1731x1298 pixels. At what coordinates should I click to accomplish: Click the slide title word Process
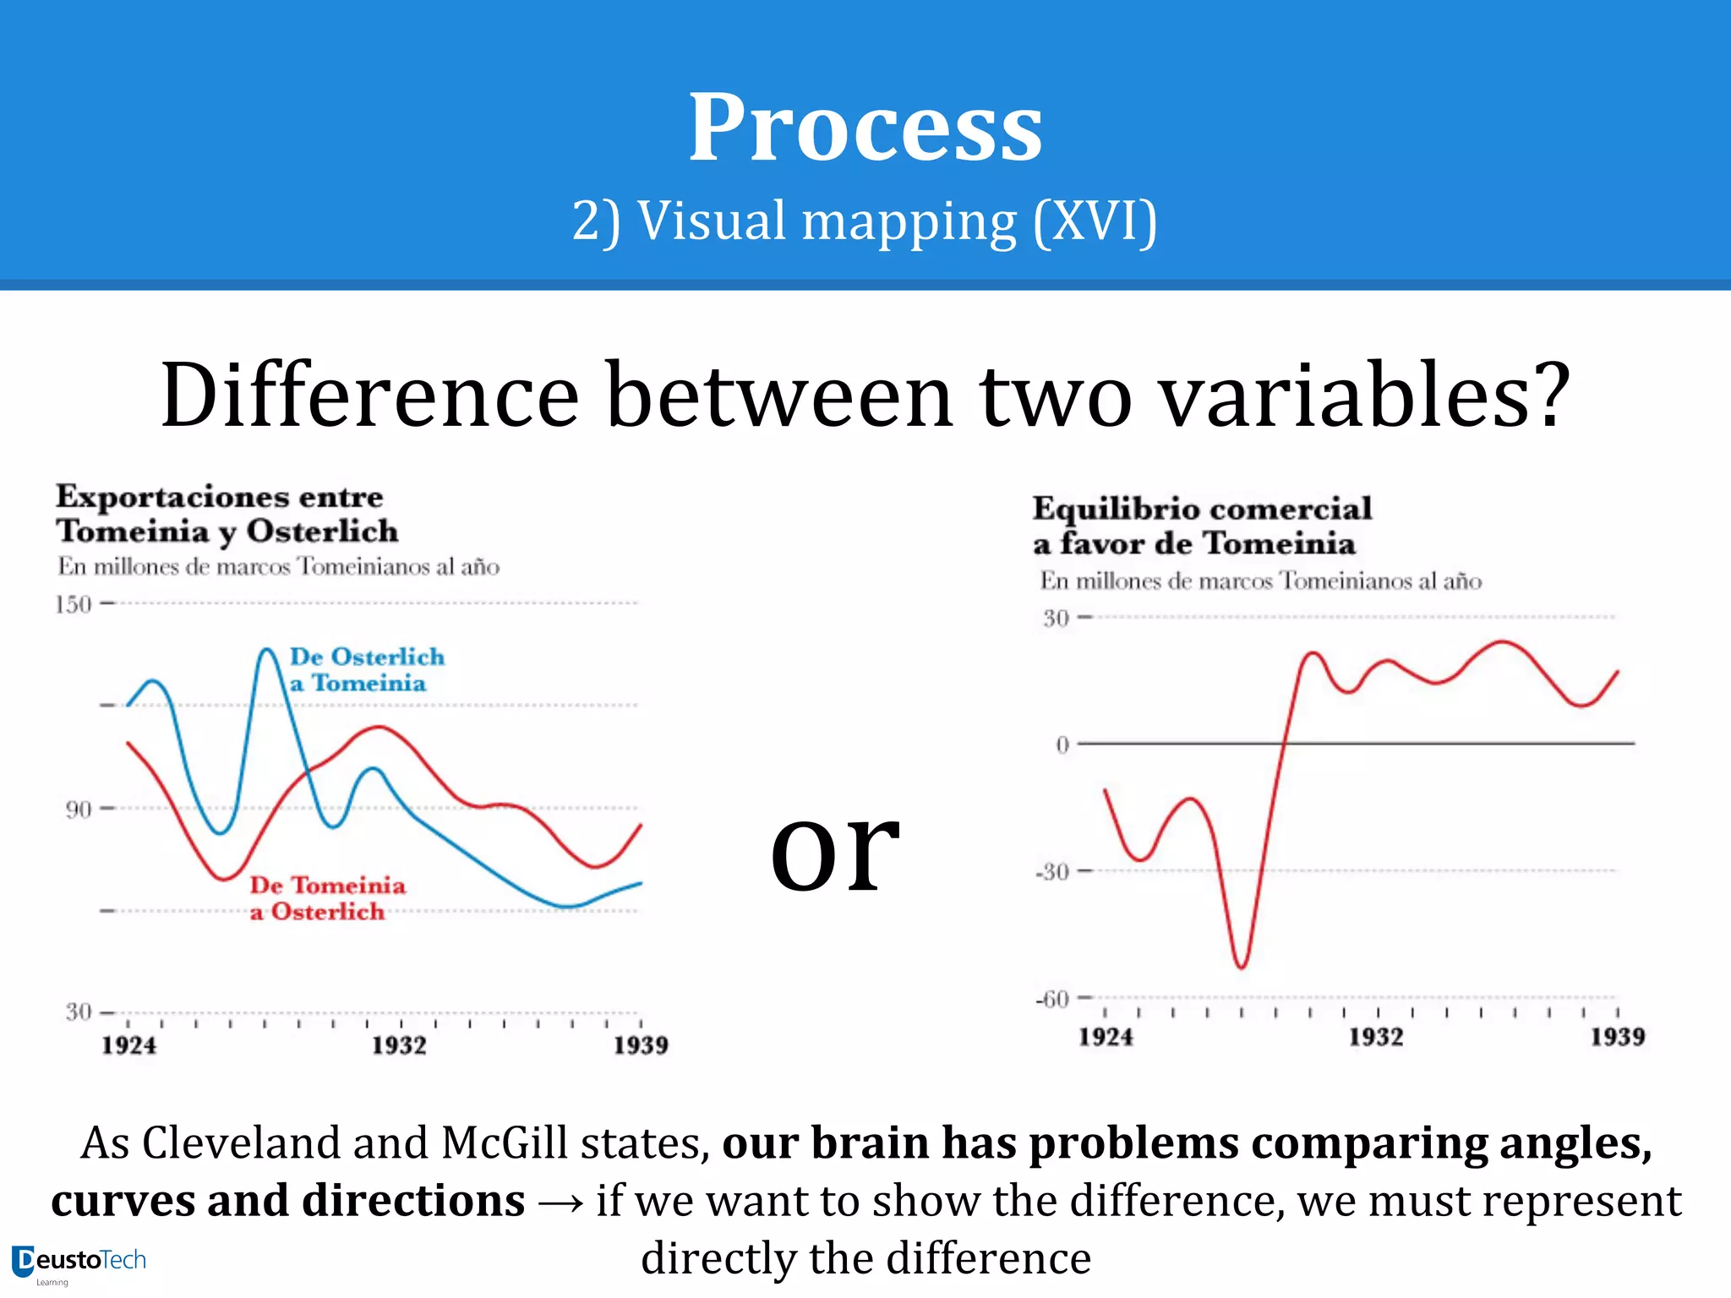(x=865, y=128)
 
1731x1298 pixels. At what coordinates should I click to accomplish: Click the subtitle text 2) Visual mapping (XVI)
(x=864, y=221)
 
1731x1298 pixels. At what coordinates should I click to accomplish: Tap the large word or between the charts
(x=834, y=848)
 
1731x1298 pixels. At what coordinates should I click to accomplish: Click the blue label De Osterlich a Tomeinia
(x=366, y=669)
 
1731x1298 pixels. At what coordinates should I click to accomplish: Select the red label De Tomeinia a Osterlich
(x=326, y=898)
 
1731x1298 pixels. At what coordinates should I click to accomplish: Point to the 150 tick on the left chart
(x=74, y=604)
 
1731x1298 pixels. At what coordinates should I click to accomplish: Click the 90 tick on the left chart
(x=78, y=810)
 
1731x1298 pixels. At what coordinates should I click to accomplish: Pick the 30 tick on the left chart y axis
(x=78, y=1012)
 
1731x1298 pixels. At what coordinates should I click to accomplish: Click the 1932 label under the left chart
(x=399, y=1045)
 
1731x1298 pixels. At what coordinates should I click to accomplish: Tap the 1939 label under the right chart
(x=1617, y=1037)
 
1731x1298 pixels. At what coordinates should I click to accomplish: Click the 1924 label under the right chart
(x=1105, y=1037)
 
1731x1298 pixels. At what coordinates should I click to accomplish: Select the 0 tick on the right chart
(x=1062, y=744)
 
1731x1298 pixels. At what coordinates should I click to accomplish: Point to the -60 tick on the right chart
(x=1053, y=1000)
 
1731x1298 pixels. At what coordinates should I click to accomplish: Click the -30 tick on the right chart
(x=1053, y=871)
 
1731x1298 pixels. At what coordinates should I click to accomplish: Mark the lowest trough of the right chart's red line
(x=1241, y=966)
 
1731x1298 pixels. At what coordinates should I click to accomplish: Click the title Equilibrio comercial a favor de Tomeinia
(x=1201, y=526)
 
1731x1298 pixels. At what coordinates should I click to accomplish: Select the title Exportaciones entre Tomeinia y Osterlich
(x=227, y=514)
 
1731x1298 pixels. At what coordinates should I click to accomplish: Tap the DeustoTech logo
(x=79, y=1263)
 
